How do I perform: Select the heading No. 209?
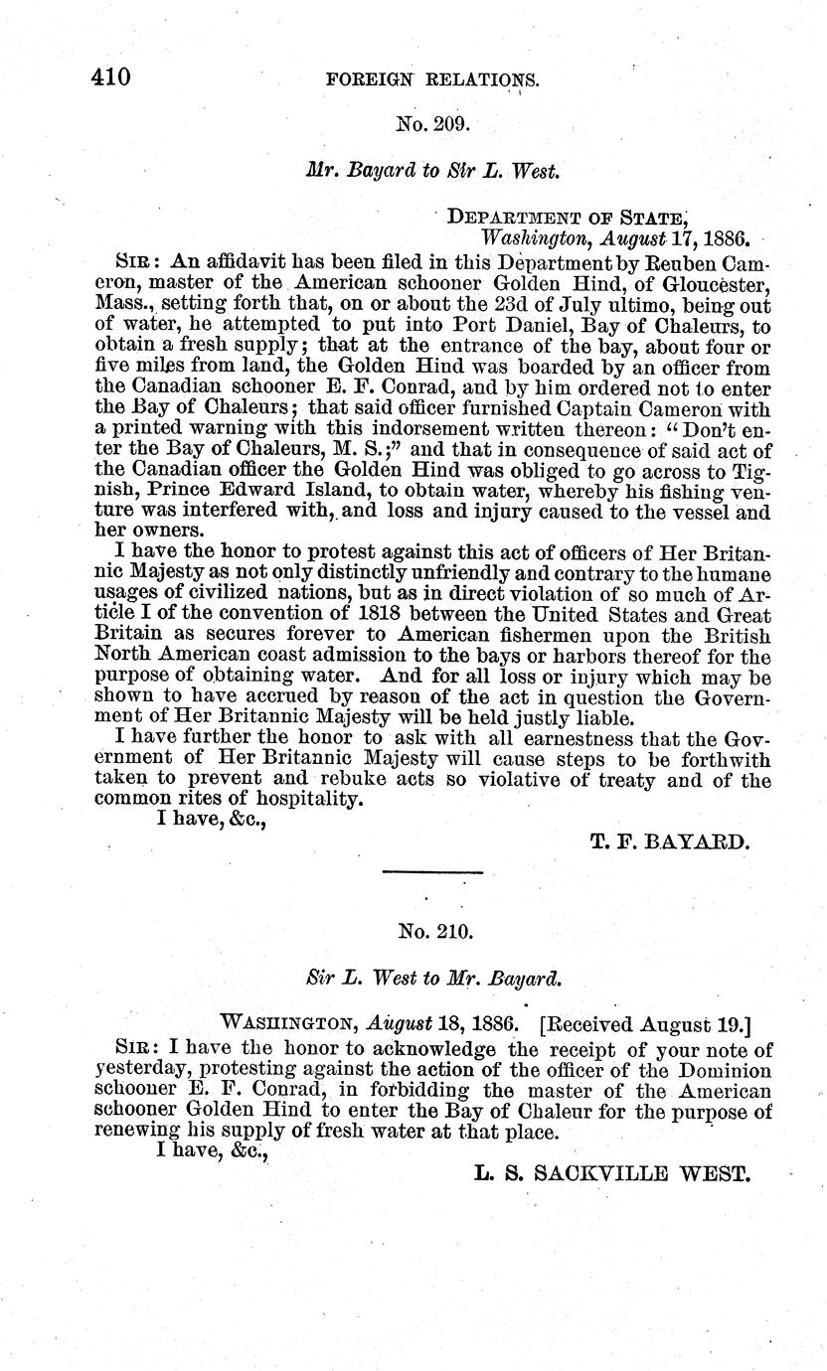point(431,124)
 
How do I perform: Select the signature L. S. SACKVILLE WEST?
point(611,1173)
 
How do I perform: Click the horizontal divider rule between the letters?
point(431,872)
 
